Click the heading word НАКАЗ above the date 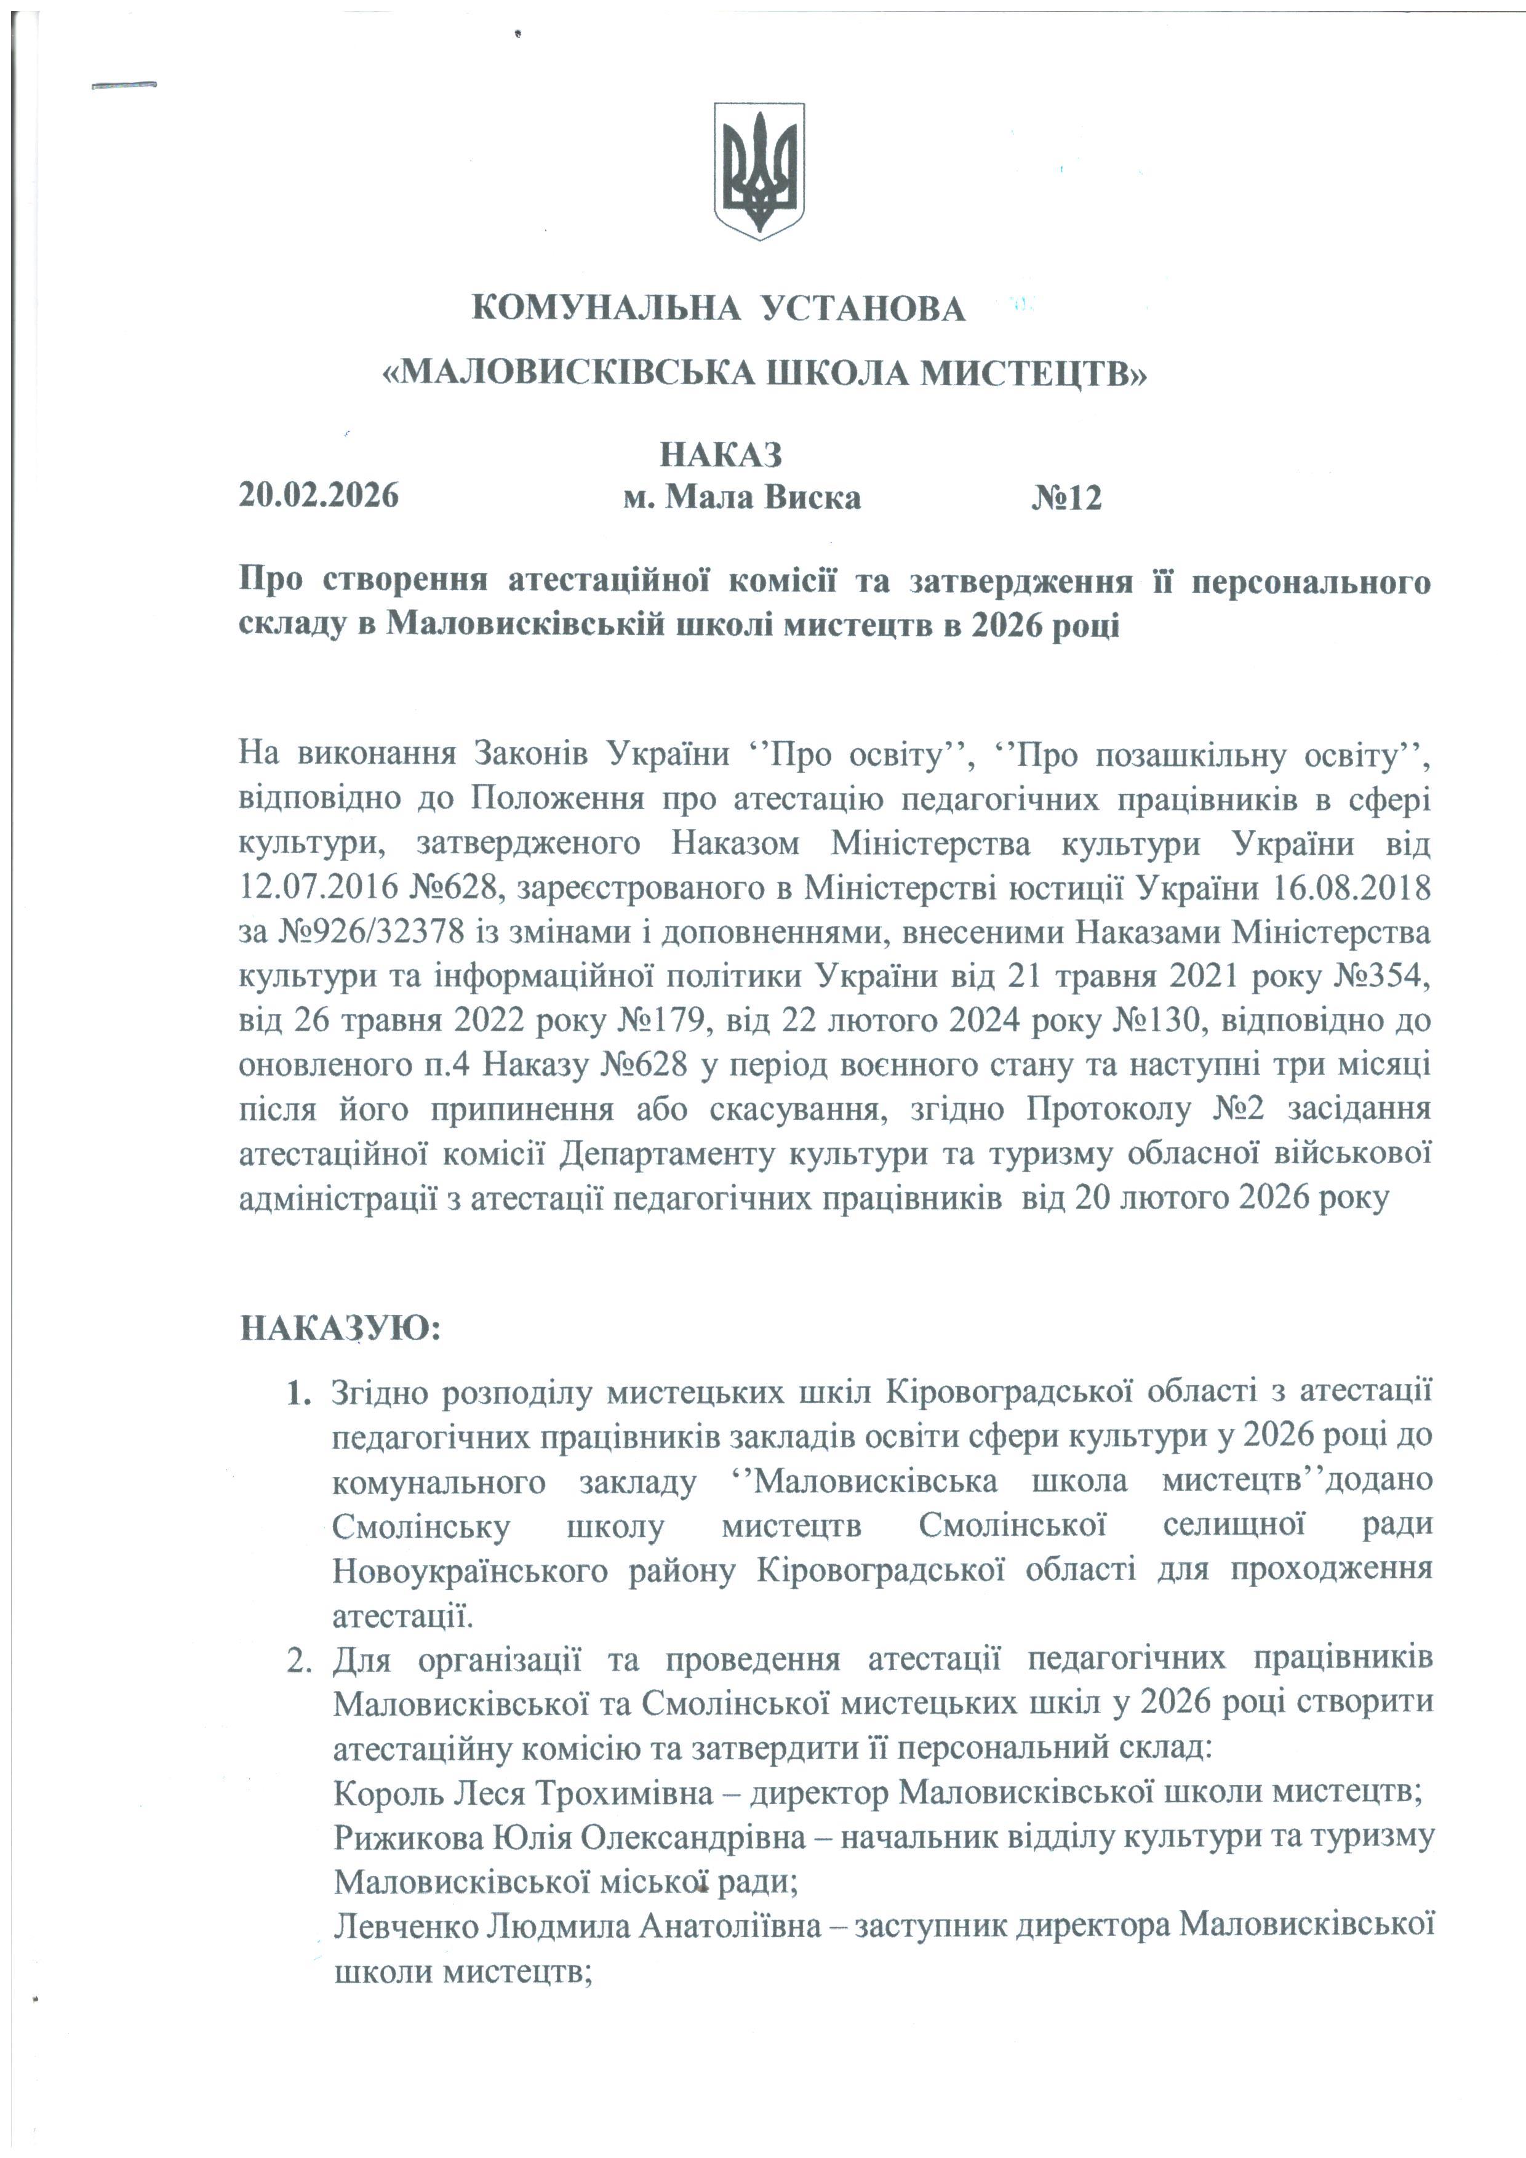[x=720, y=455]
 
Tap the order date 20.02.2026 [x=319, y=495]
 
